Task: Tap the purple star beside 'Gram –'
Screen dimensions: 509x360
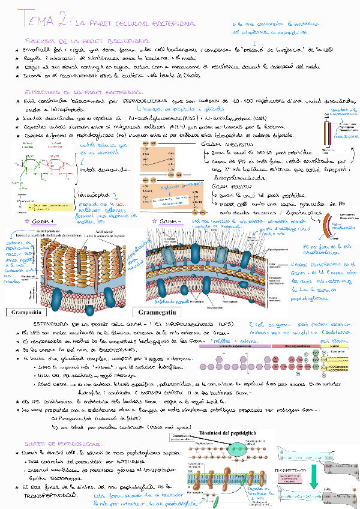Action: (x=156, y=221)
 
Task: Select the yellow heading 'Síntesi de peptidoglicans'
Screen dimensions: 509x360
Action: (x=53, y=444)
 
